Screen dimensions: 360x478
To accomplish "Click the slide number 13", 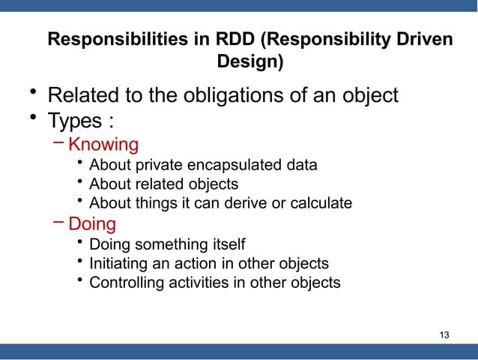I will coord(444,334).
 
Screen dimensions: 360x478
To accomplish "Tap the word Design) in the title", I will coord(250,62).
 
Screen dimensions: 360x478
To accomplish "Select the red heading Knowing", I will coord(103,144).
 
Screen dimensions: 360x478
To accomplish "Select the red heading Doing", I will coord(92,223).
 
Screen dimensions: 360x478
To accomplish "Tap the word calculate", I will coord(321,203).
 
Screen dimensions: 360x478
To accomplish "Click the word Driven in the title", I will coord(425,39).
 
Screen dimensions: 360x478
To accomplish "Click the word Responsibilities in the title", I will coord(116,39).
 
